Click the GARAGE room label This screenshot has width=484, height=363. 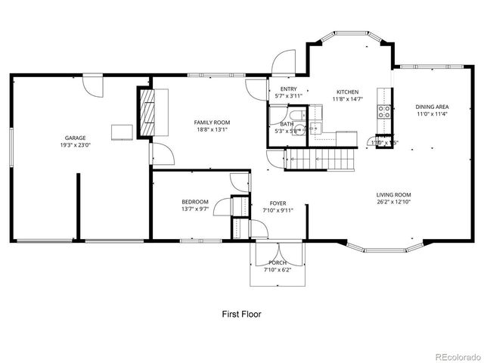[75, 138]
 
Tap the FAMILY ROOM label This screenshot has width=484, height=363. [212, 122]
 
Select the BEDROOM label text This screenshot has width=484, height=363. [194, 201]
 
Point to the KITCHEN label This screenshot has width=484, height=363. [348, 92]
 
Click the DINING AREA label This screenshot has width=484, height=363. [431, 107]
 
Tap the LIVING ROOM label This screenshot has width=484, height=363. [393, 195]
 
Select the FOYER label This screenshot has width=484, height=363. [278, 203]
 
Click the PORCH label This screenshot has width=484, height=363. [278, 262]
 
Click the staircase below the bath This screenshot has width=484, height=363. [318, 159]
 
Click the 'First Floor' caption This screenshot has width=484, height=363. [242, 312]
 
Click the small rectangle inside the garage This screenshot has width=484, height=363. [121, 132]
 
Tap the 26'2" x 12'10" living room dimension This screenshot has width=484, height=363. [393, 202]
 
